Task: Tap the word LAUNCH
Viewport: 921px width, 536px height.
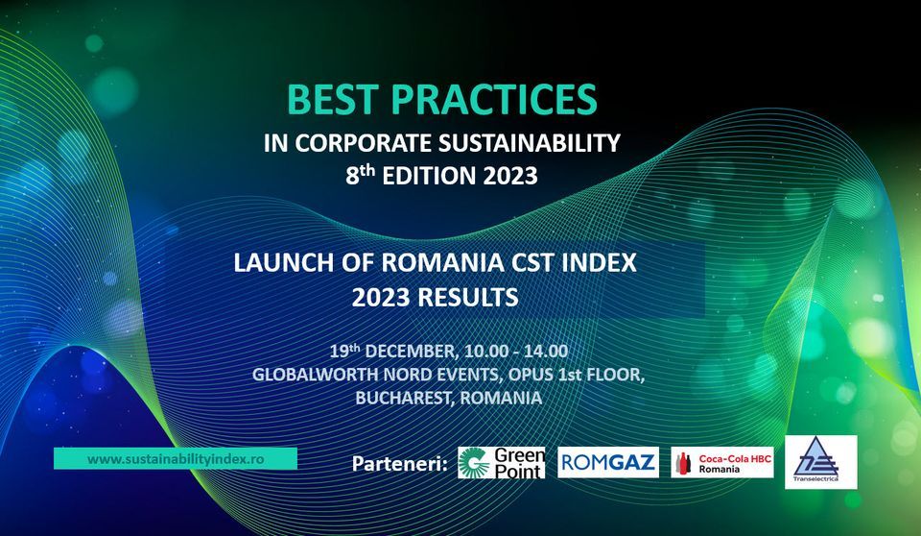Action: pos(279,263)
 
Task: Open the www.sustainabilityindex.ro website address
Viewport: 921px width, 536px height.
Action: pos(175,459)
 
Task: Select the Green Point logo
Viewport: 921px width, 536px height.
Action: pos(502,462)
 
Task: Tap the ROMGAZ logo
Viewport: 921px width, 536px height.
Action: pos(608,462)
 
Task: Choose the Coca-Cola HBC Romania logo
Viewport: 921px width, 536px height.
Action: pos(722,462)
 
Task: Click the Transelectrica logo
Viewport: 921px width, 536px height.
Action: pos(820,461)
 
